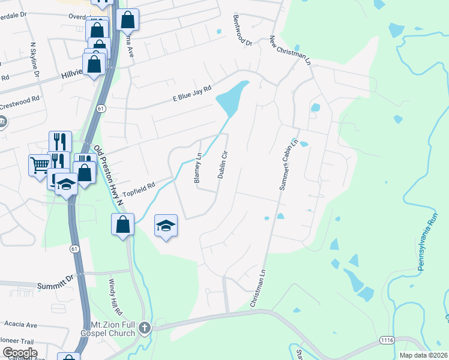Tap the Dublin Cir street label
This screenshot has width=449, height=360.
[x=221, y=163]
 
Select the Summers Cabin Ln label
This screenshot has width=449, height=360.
[x=289, y=165]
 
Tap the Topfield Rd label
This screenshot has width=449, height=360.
[x=139, y=189]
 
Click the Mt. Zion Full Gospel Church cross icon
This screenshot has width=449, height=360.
[x=144, y=328]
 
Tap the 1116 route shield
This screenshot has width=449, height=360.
[x=387, y=340]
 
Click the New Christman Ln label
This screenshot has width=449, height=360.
[x=291, y=50]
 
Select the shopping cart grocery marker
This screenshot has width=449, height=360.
[x=40, y=165]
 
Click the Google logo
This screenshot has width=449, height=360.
[x=19, y=353]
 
